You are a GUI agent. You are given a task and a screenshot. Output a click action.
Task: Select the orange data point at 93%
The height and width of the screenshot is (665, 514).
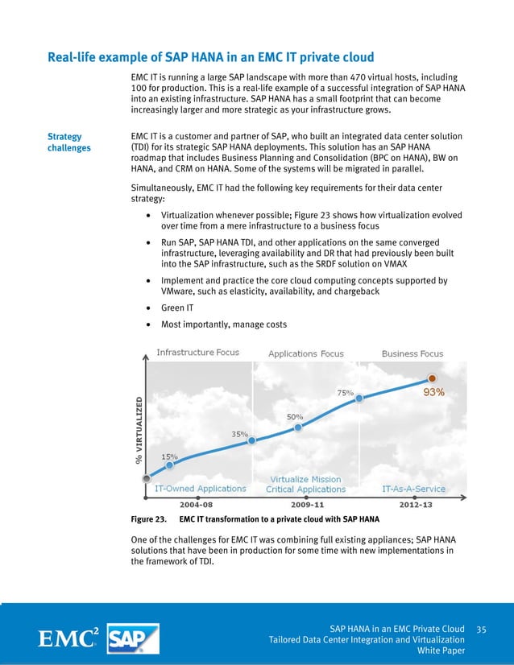433,378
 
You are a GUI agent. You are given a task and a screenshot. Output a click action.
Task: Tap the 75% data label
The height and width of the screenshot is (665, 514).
345,392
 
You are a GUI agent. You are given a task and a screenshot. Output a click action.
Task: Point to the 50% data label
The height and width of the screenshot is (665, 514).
295,416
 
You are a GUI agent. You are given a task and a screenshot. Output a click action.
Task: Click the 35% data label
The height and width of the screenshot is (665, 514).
239,433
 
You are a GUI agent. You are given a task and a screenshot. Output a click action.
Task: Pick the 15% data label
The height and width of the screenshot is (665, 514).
170,456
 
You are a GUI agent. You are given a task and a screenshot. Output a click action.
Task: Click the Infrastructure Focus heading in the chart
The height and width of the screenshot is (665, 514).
197,353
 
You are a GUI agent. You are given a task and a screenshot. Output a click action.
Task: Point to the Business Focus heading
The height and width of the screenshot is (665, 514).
412,353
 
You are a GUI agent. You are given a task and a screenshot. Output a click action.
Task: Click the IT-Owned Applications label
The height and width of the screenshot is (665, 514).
200,488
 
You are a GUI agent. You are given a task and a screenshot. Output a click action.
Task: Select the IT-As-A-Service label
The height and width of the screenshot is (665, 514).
413,488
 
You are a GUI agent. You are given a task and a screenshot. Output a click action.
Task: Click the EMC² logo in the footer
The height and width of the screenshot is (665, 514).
70,638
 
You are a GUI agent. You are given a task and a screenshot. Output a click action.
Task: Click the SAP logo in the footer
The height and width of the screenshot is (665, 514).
132,638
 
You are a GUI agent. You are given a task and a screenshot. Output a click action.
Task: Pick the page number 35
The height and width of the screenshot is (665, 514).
483,628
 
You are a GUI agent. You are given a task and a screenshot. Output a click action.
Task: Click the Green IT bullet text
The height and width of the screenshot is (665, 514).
178,308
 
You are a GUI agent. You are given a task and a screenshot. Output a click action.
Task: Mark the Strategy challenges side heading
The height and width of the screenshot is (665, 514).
69,142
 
